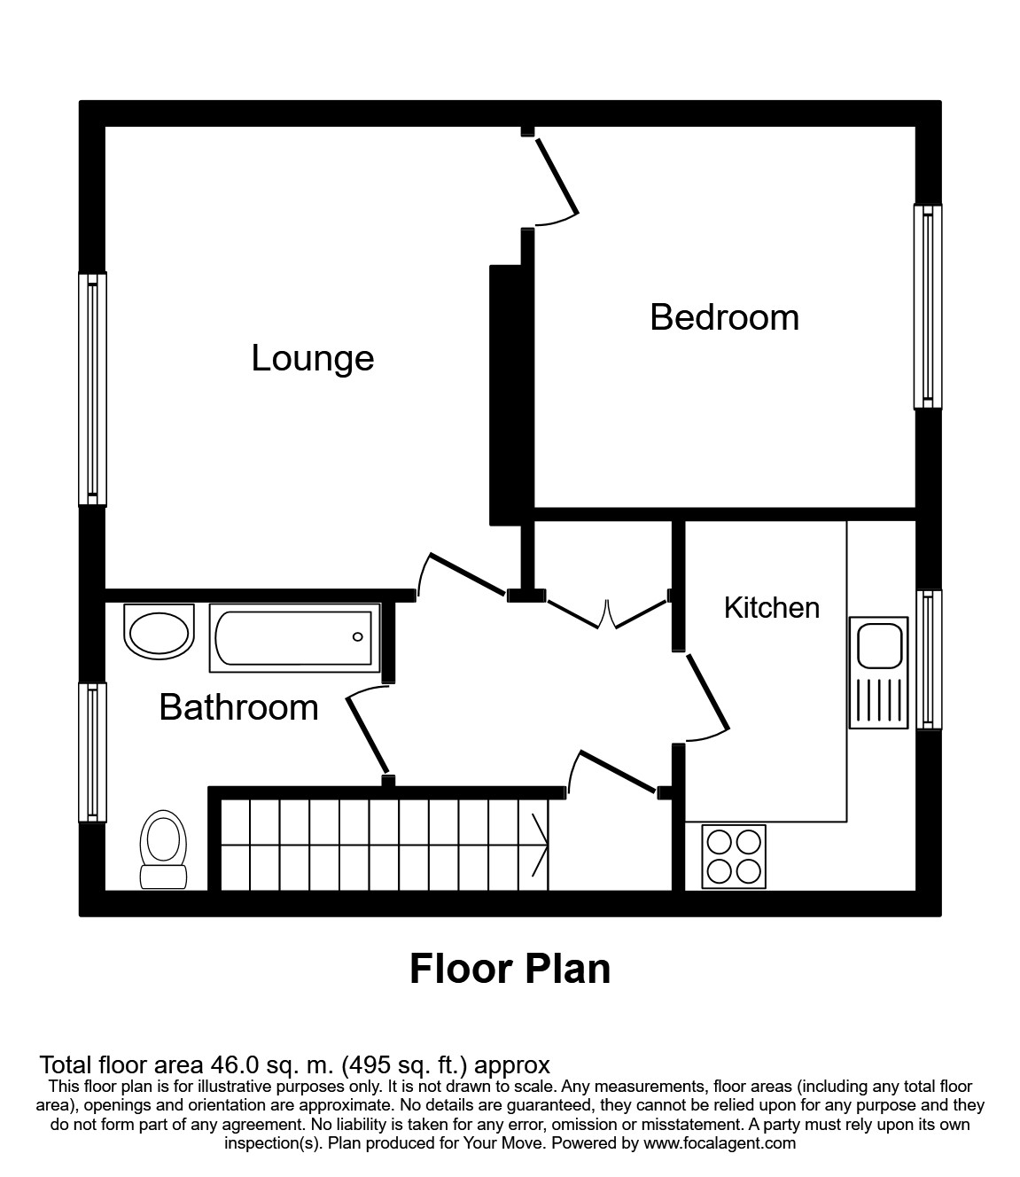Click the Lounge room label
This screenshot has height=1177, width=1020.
click(313, 358)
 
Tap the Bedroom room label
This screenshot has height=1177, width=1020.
click(724, 317)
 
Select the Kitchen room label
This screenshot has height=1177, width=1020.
click(771, 608)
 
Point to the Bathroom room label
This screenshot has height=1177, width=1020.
click(238, 707)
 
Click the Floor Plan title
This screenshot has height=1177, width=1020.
click(510, 969)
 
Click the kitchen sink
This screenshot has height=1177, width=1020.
click(878, 672)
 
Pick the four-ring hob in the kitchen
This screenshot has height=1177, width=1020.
click(733, 856)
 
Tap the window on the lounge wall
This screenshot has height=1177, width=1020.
click(92, 389)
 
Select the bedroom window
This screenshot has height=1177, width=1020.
click(928, 307)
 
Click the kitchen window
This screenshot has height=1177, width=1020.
click(928, 659)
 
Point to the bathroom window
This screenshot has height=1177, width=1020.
click(92, 752)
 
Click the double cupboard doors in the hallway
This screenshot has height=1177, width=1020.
click(607, 612)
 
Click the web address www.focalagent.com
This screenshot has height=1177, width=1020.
click(720, 1143)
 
